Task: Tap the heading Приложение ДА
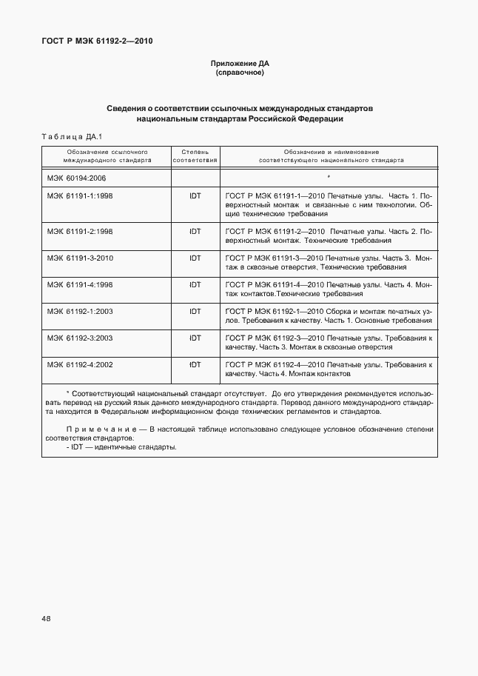pos(239,64)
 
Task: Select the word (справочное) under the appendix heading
pos(239,73)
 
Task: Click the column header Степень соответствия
pos(195,155)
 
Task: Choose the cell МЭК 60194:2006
pos(77,178)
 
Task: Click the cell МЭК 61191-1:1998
pos(79,195)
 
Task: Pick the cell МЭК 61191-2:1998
pos(79,231)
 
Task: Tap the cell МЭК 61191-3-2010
pos(79,258)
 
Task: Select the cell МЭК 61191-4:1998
pos(79,284)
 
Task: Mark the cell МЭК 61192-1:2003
pos(79,311)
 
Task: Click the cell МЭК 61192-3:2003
pos(79,338)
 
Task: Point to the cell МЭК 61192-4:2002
pos(79,364)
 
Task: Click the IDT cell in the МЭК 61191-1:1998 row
pos(195,195)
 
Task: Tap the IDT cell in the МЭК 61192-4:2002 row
pos(195,364)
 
